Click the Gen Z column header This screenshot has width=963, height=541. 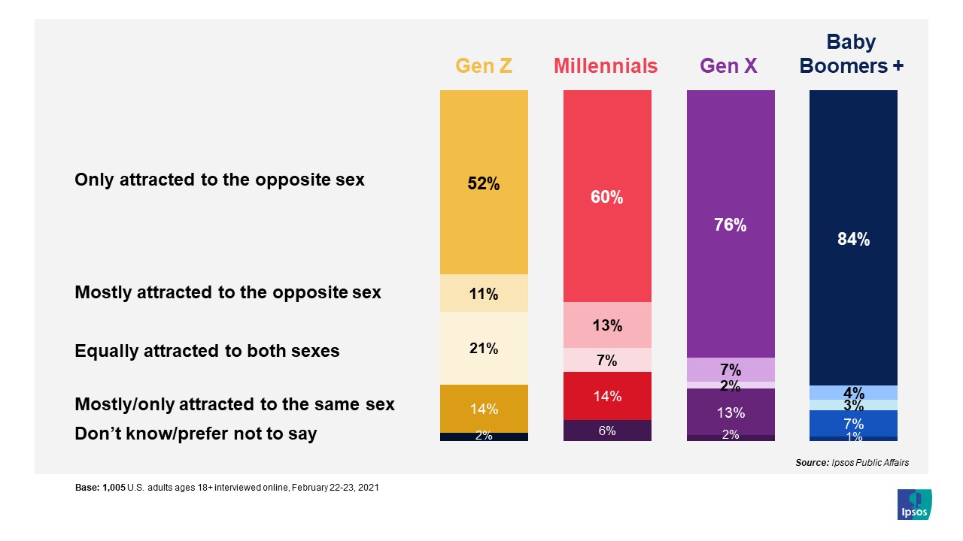pyautogui.click(x=484, y=66)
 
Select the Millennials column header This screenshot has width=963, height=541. pyautogui.click(x=606, y=66)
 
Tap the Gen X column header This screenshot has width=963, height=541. pyautogui.click(x=728, y=66)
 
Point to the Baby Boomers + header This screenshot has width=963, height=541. pyautogui.click(x=852, y=54)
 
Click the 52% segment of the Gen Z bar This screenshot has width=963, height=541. pyautogui.click(x=484, y=183)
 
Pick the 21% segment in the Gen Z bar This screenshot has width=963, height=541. pyautogui.click(x=484, y=349)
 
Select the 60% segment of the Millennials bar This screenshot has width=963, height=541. pyautogui.click(x=607, y=197)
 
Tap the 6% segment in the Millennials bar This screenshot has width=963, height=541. pyautogui.click(x=607, y=431)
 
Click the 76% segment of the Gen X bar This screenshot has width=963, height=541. pyautogui.click(x=731, y=224)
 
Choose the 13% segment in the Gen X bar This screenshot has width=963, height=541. pyautogui.click(x=731, y=412)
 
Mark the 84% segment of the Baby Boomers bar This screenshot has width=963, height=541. pyautogui.click(x=853, y=238)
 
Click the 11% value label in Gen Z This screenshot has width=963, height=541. pyautogui.click(x=484, y=294)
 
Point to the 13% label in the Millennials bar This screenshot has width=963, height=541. pyautogui.click(x=607, y=325)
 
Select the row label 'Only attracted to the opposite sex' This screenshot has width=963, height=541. pyautogui.click(x=219, y=180)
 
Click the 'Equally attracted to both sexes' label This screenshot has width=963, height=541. pyautogui.click(x=207, y=351)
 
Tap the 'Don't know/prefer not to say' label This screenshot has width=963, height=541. pyautogui.click(x=196, y=434)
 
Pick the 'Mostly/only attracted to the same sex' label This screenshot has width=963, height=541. pyautogui.click(x=234, y=405)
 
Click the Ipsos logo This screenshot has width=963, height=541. pyautogui.click(x=914, y=504)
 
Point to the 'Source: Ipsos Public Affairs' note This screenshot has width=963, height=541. pyautogui.click(x=852, y=463)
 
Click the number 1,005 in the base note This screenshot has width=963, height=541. pyautogui.click(x=113, y=488)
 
